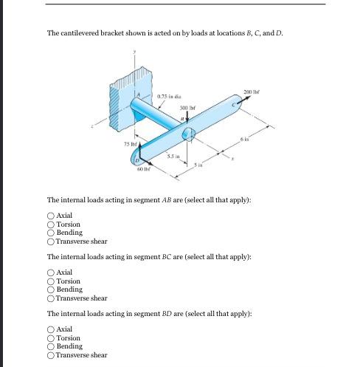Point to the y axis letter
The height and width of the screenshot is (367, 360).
coord(134,52)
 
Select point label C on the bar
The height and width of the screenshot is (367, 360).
coord(232,106)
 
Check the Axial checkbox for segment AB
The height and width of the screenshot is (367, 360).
coord(51,216)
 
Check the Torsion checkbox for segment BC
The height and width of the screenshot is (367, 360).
coord(51,281)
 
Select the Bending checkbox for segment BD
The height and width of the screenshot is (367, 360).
coord(51,346)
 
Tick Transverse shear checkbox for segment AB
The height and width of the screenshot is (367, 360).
coord(51,241)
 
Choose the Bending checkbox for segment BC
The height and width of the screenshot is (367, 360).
coord(51,290)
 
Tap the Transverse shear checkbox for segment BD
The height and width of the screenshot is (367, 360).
coord(51,355)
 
